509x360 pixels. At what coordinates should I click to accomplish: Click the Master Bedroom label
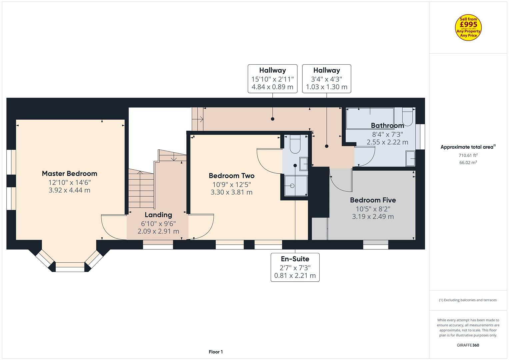coord(69,173)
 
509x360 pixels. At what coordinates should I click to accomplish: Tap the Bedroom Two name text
coord(231,176)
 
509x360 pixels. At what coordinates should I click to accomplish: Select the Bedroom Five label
coord(373,200)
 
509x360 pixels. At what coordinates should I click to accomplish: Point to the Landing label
coord(158,215)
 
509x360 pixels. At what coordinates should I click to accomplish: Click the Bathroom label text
coord(387,126)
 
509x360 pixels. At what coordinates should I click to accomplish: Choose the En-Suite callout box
coord(295,267)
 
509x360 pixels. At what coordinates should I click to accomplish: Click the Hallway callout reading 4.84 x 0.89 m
coord(272,79)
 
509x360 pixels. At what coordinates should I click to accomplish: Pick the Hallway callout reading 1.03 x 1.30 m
coord(326,79)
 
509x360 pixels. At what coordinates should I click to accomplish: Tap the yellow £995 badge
coord(468,28)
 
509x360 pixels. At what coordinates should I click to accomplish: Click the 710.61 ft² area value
coord(468,155)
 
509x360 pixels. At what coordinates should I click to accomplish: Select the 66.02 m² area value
coord(468,163)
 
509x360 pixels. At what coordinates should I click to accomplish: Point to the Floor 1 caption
coord(216,352)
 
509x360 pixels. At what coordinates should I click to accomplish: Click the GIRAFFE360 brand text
coord(468,345)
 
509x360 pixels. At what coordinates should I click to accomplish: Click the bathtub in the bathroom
coord(370,118)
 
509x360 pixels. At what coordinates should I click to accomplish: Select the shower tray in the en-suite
coord(296,186)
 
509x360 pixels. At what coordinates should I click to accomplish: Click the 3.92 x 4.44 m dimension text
coord(69,190)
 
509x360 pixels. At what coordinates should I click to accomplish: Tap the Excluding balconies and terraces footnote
coord(468,300)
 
